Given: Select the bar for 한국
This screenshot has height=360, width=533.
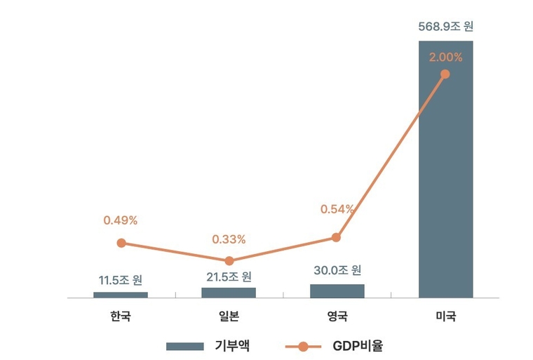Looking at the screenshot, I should point(121,295).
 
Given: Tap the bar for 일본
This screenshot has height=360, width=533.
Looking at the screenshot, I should point(229,292).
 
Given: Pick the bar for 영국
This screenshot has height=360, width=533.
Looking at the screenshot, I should point(337,291).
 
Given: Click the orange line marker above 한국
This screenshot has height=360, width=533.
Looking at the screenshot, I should point(121,243).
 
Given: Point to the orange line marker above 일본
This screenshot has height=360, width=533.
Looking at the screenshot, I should point(229,261).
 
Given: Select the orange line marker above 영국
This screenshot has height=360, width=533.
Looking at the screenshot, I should point(336,237).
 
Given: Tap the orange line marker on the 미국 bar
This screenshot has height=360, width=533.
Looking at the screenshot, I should point(445,74).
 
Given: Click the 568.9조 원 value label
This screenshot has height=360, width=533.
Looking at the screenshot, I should point(445,27).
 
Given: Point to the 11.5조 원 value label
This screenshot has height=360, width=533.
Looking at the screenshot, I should point(121,280).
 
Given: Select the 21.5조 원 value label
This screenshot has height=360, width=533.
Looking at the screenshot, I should point(229,276).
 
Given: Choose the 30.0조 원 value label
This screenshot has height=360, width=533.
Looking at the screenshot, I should point(337,270).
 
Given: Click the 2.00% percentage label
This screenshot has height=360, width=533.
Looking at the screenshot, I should point(445,56).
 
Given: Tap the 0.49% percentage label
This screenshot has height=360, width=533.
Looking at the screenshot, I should point(121,220).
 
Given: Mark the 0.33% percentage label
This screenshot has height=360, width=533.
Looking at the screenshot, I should point(229,239).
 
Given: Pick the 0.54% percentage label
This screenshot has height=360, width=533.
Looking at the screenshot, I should point(337,208).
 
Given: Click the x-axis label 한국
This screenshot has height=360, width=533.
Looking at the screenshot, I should point(121,316).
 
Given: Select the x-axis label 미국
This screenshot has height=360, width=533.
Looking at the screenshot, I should point(445,316).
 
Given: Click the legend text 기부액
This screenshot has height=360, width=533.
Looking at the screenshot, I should point(232,345).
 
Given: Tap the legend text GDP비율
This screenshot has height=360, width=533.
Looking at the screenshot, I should point(358,345).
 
